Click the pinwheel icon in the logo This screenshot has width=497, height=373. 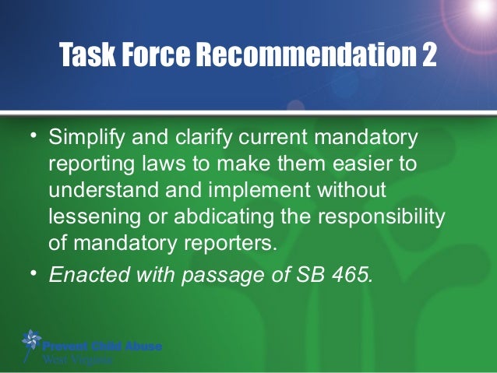click(x=31, y=340)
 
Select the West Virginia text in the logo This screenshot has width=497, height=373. click(x=77, y=360)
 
